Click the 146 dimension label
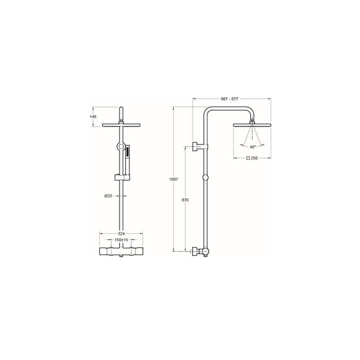[x=93, y=117]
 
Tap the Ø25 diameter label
[x=108, y=196]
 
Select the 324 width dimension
[x=121, y=234]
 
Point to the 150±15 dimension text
[x=121, y=240]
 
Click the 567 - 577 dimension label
[x=229, y=99]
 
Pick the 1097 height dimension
[x=174, y=180]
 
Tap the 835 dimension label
[x=185, y=200]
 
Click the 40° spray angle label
[x=252, y=147]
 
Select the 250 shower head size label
[x=254, y=158]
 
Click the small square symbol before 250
[x=248, y=158]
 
